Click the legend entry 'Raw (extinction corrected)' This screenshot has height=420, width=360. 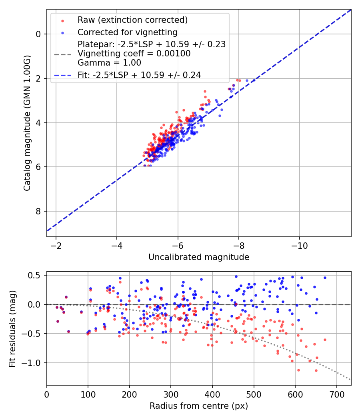132,20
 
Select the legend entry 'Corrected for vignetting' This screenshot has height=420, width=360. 127,32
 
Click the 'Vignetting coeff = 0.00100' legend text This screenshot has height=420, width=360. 134,53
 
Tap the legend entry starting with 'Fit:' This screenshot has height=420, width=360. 139,75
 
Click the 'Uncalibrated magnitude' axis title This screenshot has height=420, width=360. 199,257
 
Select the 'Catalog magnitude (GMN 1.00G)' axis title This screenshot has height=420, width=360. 27,123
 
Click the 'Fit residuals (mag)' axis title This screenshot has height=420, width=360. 12,328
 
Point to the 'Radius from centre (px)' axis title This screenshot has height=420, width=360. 199,406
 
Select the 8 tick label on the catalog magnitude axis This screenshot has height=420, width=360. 38,211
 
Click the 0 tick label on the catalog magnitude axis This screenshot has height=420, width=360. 38,34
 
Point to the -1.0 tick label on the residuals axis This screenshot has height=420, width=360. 32,363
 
